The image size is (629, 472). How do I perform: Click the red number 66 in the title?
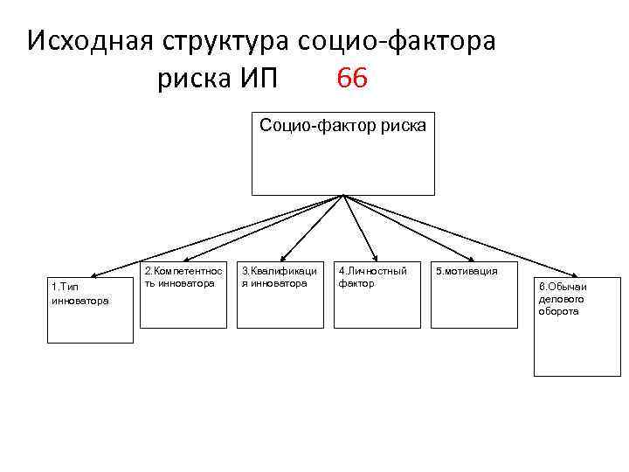coord(351,80)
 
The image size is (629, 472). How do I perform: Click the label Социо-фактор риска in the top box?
coord(343,126)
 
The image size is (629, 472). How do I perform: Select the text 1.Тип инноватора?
coord(79,294)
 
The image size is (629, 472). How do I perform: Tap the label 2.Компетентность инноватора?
coord(183,277)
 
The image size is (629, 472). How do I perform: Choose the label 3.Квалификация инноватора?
coord(280,277)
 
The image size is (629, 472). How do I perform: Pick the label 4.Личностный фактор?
coord(372,277)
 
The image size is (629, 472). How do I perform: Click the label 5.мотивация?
coord(467,272)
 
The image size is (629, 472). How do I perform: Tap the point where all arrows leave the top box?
coord(343,196)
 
